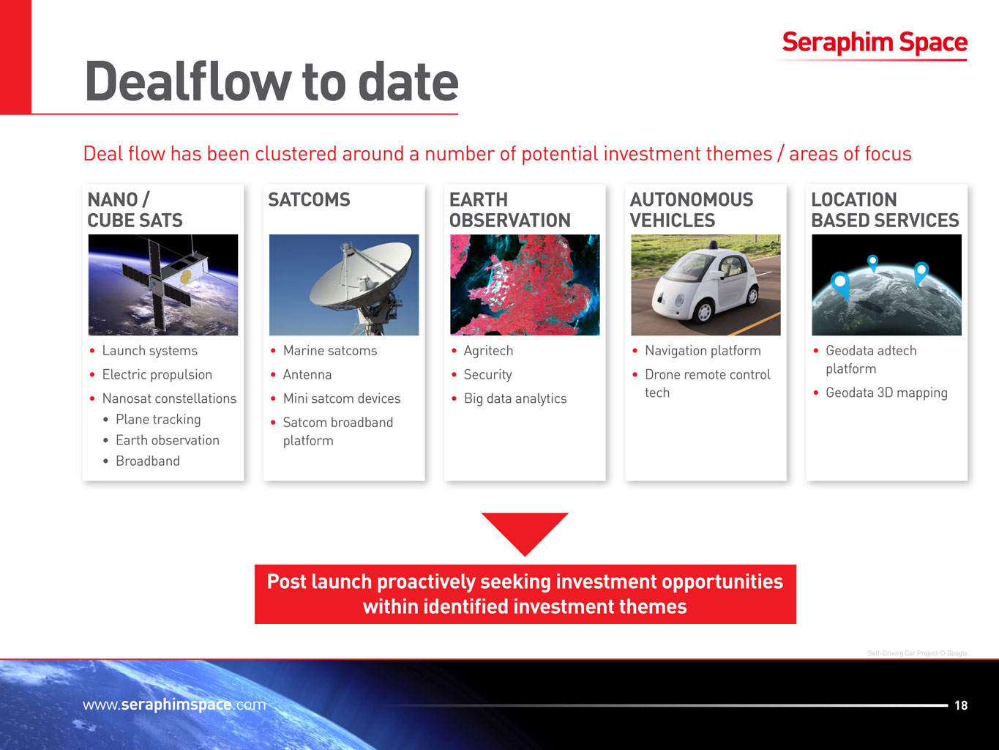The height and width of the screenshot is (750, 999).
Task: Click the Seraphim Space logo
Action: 875,42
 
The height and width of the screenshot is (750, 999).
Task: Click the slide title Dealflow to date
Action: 272,81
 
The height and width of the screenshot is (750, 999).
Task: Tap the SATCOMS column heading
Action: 309,199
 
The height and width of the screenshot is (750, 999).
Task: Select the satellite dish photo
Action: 344,285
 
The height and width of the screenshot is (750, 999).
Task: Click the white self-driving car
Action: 705,285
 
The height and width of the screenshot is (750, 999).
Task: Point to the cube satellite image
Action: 163,285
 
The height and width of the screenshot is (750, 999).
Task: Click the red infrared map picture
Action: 525,285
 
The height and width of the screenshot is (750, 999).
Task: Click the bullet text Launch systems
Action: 149,351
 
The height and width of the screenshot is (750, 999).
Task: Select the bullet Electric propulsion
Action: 157,374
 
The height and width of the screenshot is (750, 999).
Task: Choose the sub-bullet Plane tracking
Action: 158,420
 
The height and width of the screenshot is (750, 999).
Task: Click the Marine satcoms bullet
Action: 330,351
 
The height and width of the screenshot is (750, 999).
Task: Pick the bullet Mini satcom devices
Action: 341,398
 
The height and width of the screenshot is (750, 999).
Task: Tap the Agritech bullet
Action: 488,351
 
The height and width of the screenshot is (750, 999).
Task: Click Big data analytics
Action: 515,398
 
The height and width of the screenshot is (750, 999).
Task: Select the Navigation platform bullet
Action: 703,351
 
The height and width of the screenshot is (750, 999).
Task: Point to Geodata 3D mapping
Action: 886,393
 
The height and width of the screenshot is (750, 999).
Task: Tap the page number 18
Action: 961,705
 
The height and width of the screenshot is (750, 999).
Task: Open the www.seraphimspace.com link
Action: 174,705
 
